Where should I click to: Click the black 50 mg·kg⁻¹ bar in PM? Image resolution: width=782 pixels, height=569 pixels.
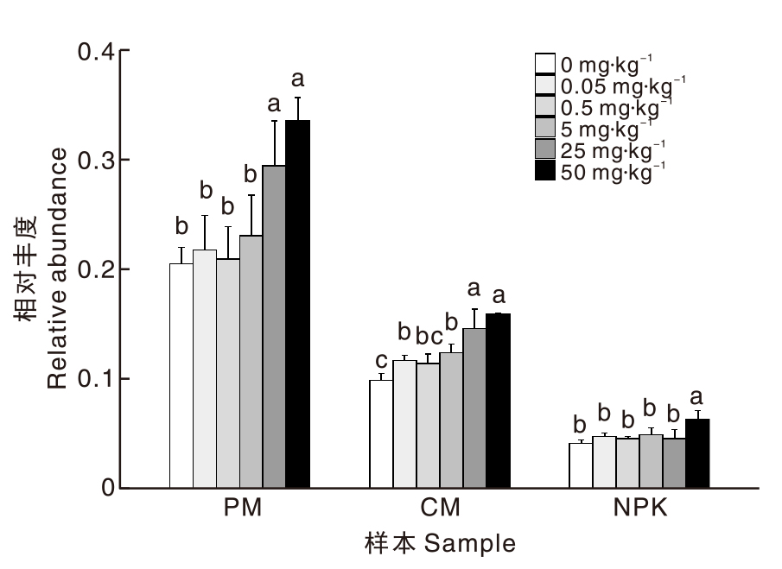pyautogui.click(x=297, y=304)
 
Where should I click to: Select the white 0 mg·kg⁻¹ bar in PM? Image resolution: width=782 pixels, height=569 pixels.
pyautogui.click(x=181, y=376)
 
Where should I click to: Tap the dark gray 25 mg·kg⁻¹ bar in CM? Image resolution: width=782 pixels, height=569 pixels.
pyautogui.click(x=474, y=408)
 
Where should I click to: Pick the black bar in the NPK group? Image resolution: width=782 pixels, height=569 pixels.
pyautogui.click(x=696, y=453)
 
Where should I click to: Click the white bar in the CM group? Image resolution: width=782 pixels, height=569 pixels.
pyautogui.click(x=381, y=433)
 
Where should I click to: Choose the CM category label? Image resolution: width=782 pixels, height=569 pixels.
pyautogui.click(x=440, y=507)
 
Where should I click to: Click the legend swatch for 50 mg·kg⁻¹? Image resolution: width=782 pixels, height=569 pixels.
pyautogui.click(x=544, y=172)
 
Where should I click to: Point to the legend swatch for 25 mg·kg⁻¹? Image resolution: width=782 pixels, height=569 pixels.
pyautogui.click(x=544, y=150)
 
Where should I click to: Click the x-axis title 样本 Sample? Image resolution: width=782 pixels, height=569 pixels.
pyautogui.click(x=439, y=543)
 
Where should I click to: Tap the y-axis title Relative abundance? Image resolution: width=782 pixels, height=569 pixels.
pyautogui.click(x=57, y=269)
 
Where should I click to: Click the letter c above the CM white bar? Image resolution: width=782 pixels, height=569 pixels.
pyautogui.click(x=381, y=360)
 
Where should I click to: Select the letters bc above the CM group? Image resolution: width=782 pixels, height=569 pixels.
pyautogui.click(x=428, y=334)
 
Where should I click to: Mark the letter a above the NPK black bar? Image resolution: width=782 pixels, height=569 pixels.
pyautogui.click(x=696, y=397)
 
